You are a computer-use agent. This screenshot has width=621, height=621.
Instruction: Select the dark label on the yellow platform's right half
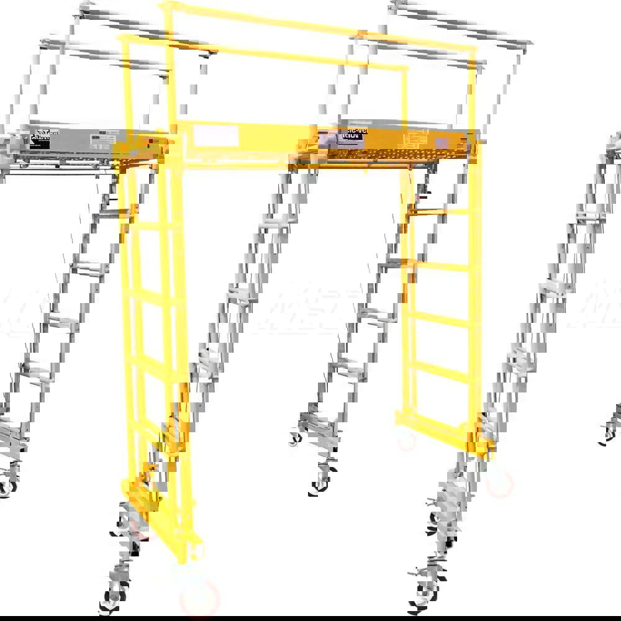[x=351, y=139]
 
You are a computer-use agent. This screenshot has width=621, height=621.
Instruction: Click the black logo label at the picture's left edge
[x=40, y=138]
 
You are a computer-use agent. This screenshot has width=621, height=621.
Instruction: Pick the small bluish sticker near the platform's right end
[x=442, y=143]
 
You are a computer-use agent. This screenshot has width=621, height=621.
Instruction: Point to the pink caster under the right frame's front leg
[x=501, y=482]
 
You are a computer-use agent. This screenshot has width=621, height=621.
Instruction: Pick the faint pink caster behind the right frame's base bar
[x=407, y=441]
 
